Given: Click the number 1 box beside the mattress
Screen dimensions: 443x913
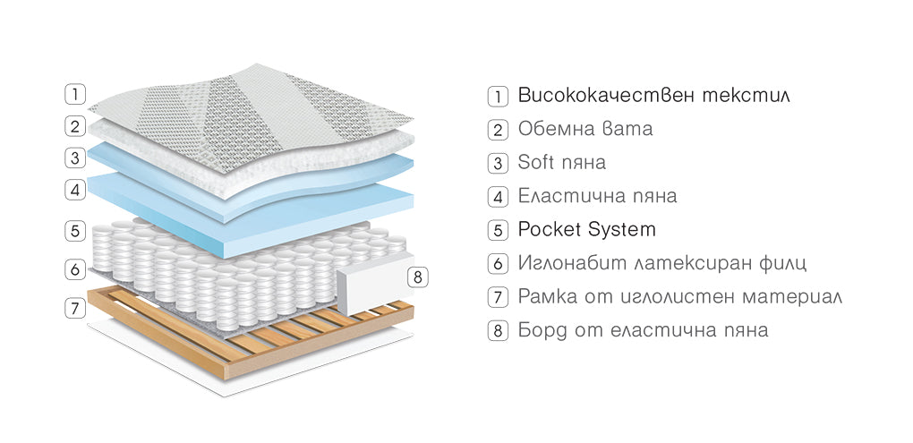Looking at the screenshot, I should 75,93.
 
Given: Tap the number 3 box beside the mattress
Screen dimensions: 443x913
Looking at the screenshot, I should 75,158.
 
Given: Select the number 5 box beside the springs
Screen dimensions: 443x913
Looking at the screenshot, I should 75,230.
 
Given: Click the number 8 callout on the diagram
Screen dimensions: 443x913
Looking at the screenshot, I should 418,277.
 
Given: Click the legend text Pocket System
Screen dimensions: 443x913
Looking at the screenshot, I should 586,229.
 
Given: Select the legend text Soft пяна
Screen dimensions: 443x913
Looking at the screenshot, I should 561,162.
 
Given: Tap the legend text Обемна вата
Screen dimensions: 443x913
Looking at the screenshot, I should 585,128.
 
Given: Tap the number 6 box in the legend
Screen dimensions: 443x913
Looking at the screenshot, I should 498,264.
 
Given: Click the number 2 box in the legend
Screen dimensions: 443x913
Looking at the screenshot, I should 498,129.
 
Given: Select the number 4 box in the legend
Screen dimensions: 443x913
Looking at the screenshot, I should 498,196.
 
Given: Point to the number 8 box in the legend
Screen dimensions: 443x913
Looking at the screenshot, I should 498,330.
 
